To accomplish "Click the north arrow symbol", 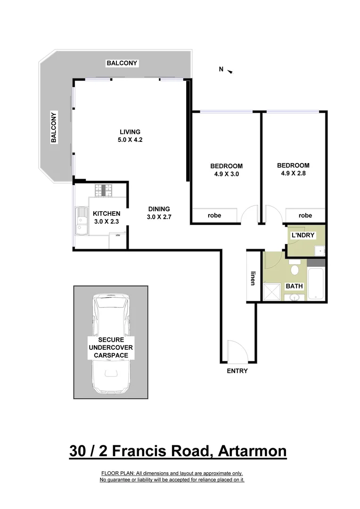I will point(230,71).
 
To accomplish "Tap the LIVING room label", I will point(130,132).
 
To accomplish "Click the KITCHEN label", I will point(106,213).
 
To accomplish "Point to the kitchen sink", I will point(81,221).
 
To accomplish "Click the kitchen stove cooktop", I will point(104,190).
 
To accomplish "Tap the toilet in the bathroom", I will point(295,270).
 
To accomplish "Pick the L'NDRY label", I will point(303,235).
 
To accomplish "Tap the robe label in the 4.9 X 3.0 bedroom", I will point(214,215).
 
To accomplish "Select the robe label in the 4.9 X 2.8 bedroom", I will point(305,215).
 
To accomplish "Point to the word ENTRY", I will point(237,371).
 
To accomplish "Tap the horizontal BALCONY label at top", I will point(122,63).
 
